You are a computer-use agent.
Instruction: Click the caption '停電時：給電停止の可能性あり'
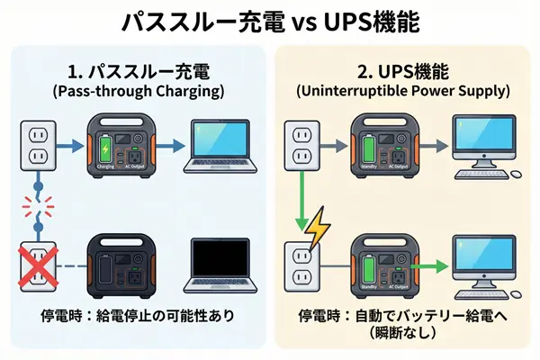tap(134, 317)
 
